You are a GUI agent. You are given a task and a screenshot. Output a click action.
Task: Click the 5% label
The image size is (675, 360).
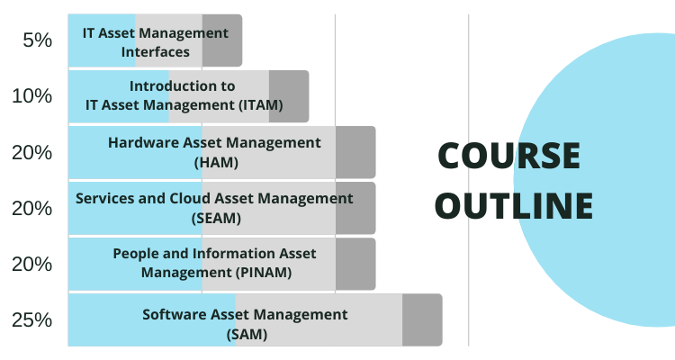tap(38, 40)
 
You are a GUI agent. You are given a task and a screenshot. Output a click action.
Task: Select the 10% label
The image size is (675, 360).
tap(32, 96)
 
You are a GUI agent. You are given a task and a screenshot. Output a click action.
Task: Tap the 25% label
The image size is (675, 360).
tap(32, 320)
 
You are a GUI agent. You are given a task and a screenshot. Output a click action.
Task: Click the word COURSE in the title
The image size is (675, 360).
tap(509, 156)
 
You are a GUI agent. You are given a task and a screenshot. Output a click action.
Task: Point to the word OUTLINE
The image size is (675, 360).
tap(515, 205)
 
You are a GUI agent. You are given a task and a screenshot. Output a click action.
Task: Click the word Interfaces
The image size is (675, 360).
tap(156, 52)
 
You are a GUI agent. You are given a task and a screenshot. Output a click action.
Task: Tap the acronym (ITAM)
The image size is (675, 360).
tap(261, 105)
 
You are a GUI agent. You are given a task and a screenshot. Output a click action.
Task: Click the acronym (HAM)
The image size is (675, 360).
tap(216, 163)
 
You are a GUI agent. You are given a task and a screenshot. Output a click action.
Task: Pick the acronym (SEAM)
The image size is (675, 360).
tap(216, 219)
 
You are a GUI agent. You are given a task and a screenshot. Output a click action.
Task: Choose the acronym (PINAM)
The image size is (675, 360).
tap(264, 273)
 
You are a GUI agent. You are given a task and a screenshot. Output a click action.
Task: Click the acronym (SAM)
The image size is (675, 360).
tap(247, 335)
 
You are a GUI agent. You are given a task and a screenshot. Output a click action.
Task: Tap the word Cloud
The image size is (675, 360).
tap(190, 198)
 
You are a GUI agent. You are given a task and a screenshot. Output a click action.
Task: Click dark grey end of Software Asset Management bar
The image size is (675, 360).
tap(422, 320)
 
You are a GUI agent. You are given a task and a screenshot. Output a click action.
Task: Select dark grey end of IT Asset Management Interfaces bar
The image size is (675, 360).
tap(222, 40)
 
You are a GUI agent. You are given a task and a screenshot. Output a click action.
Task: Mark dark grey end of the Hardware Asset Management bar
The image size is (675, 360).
tap(355, 152)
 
